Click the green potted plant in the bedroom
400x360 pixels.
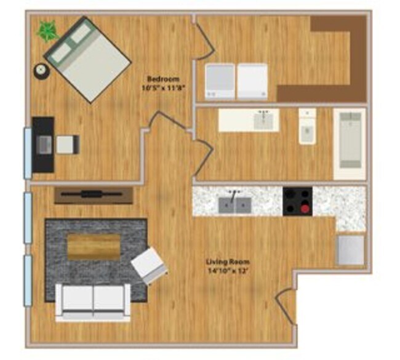(x=46, y=31)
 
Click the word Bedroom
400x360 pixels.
(x=163, y=79)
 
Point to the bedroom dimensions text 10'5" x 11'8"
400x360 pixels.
(x=163, y=88)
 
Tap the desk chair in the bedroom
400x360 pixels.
(x=67, y=145)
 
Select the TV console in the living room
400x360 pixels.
(x=94, y=195)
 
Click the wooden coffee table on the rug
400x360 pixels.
(x=94, y=246)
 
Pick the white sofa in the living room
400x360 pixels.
(x=93, y=301)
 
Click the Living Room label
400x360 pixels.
(x=227, y=261)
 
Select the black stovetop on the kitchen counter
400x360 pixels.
(x=297, y=201)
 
